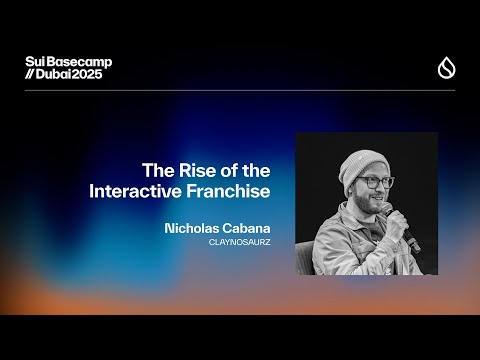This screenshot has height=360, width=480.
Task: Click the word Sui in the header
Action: click(x=35, y=62)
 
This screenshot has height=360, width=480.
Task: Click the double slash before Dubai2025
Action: click(x=30, y=75)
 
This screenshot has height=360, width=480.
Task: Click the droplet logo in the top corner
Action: click(x=446, y=68)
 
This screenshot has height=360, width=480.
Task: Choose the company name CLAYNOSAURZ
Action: click(x=240, y=242)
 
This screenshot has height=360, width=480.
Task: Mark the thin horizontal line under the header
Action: click(x=240, y=91)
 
